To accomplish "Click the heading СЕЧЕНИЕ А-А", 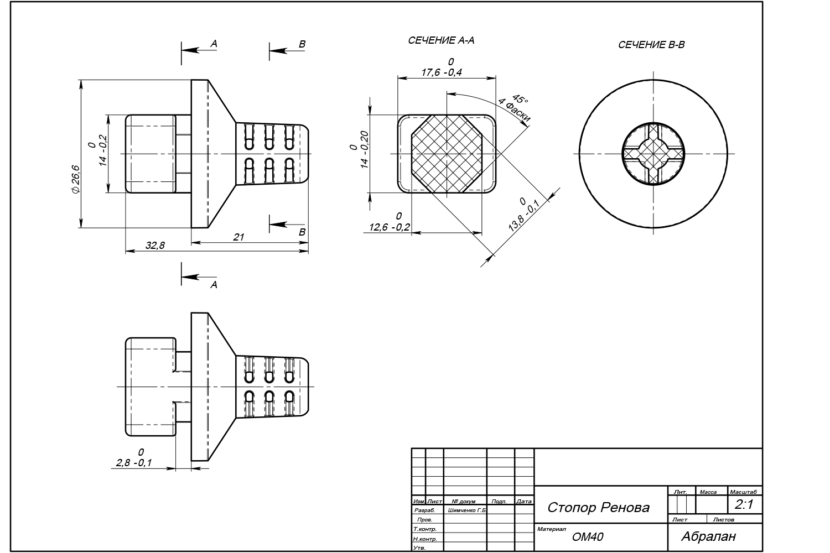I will point(441,40).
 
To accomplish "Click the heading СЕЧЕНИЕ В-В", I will point(651,45).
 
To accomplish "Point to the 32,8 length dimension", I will point(155,246).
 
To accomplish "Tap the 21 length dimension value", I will point(238,237).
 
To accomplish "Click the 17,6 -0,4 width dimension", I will point(441,72).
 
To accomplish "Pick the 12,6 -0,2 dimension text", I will point(390,227).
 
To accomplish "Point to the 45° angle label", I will point(521,98).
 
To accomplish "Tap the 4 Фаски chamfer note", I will point(514,111).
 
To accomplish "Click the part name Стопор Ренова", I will point(598,507).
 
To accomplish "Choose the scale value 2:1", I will point(744,504).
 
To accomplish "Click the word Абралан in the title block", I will point(709,536).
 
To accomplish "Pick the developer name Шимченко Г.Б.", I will point(466,510).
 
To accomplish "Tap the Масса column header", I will point(708,492).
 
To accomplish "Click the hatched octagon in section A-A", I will point(448,154).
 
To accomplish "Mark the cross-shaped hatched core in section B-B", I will point(653,154).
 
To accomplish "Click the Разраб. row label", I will point(424,510).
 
